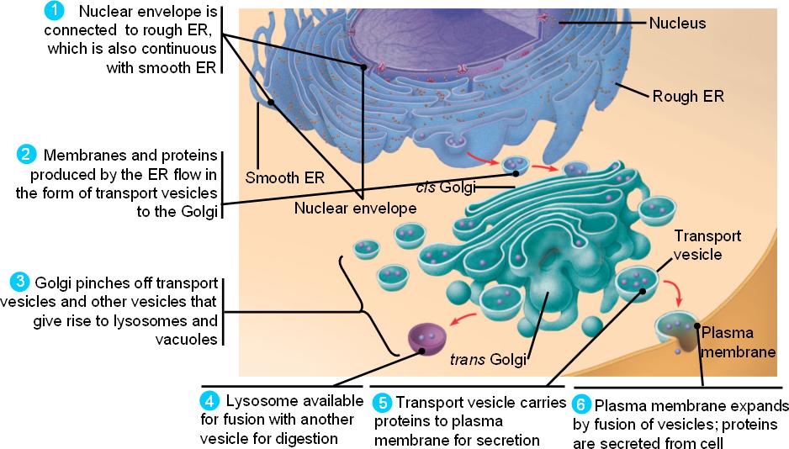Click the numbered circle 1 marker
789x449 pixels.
(55, 12)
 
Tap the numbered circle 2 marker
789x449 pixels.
(25, 155)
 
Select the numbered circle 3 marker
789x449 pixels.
(19, 281)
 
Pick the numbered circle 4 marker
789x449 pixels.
(209, 400)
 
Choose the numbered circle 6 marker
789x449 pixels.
(580, 403)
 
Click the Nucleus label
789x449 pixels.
(677, 24)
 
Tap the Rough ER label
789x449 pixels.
(688, 95)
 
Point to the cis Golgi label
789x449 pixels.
(445, 186)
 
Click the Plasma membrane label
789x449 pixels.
(737, 341)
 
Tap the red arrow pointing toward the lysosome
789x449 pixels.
(465, 319)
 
